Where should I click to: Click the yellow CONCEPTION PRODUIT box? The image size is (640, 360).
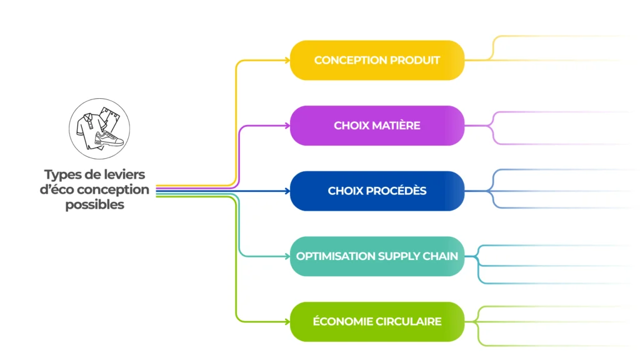pos(377,61)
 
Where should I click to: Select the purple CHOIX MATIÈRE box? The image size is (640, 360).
pos(377,126)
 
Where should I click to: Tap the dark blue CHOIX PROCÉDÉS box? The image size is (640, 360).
pos(377,191)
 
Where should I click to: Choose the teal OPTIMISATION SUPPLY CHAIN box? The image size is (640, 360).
pos(377,256)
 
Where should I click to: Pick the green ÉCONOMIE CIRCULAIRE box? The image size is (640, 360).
pos(377,322)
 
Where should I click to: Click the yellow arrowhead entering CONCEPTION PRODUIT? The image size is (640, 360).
pos(287,61)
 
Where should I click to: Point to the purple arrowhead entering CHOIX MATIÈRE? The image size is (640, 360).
pos(287,126)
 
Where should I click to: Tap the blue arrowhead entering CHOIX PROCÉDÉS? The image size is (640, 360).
pos(287,191)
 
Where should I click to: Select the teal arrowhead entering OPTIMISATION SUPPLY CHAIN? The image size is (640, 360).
pos(287,256)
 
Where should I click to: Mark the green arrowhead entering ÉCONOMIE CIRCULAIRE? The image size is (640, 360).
pos(287,322)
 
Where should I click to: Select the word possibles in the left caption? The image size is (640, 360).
pos(95,205)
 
